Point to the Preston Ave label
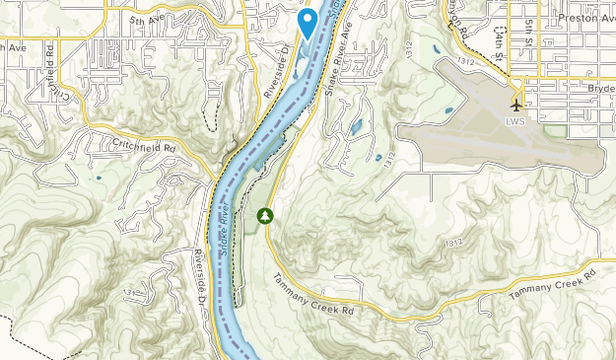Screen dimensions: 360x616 pyautogui.click(x=585, y=18)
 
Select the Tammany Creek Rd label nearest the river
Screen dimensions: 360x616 pyautogui.click(x=313, y=295)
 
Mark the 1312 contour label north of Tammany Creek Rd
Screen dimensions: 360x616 pyautogui.click(x=453, y=243)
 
